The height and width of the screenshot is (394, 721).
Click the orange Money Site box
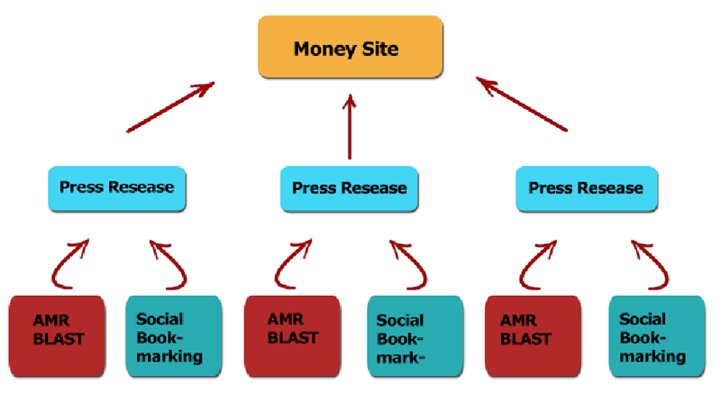click(351, 47)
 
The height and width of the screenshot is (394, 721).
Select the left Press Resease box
click(116, 188)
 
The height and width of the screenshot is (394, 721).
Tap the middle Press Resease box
click(349, 188)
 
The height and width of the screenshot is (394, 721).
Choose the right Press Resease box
click(586, 188)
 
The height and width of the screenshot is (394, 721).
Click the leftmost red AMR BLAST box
click(59, 334)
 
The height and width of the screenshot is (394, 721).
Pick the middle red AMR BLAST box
click(293, 334)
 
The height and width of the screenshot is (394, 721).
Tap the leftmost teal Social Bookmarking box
click(171, 335)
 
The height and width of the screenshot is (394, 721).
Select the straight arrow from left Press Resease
click(171, 107)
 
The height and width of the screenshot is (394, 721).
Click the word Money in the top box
click(321, 48)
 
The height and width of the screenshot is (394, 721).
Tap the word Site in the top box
click(381, 48)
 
